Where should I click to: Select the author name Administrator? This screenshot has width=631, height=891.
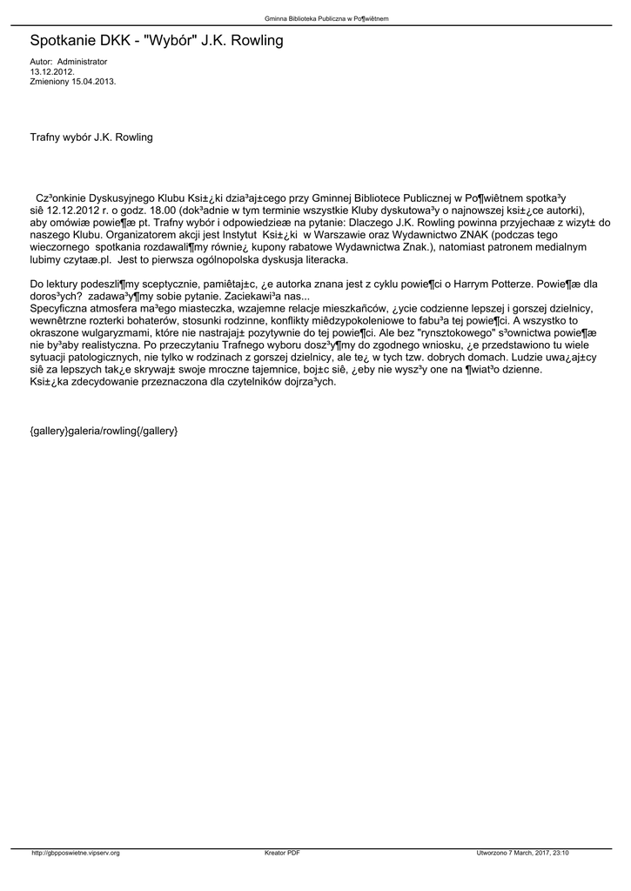click(x=82, y=63)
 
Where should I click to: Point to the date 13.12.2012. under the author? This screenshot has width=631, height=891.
click(x=48, y=71)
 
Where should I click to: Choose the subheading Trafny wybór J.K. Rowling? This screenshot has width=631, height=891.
click(x=91, y=137)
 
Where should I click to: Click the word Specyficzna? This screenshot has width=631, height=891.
click(x=61, y=308)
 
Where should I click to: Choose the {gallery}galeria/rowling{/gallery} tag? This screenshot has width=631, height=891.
click(x=104, y=432)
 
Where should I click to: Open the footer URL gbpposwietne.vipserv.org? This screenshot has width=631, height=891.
click(x=76, y=853)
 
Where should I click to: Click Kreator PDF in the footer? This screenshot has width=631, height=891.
click(x=282, y=853)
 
